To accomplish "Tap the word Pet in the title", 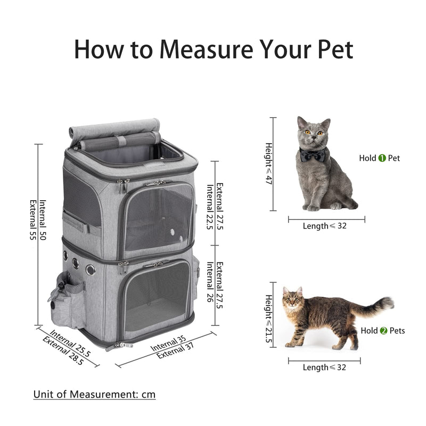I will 332,49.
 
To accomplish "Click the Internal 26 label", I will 210,282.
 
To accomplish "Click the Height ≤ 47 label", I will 269,164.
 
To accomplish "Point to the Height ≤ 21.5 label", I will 269,319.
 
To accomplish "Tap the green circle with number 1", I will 382,158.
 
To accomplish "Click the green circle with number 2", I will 383,331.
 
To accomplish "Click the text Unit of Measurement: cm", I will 94,395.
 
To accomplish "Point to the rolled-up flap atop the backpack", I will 114,129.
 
